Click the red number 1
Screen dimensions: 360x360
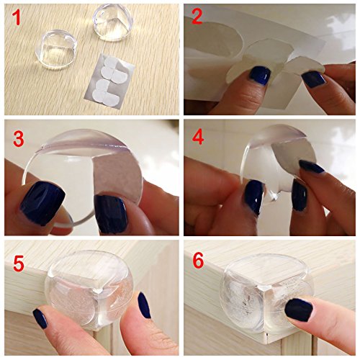click(17, 17)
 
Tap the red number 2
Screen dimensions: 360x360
click(197, 17)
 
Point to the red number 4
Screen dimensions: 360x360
click(198, 138)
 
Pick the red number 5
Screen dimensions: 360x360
click(19, 264)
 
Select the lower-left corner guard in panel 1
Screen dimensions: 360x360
click(56, 50)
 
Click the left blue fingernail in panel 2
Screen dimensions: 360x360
click(261, 76)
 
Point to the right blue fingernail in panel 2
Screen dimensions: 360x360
click(315, 79)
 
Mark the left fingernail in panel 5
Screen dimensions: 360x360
click(40, 318)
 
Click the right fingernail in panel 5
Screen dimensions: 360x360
click(144, 305)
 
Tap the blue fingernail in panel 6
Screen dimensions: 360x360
click(299, 310)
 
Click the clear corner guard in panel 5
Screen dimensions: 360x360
click(89, 289)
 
